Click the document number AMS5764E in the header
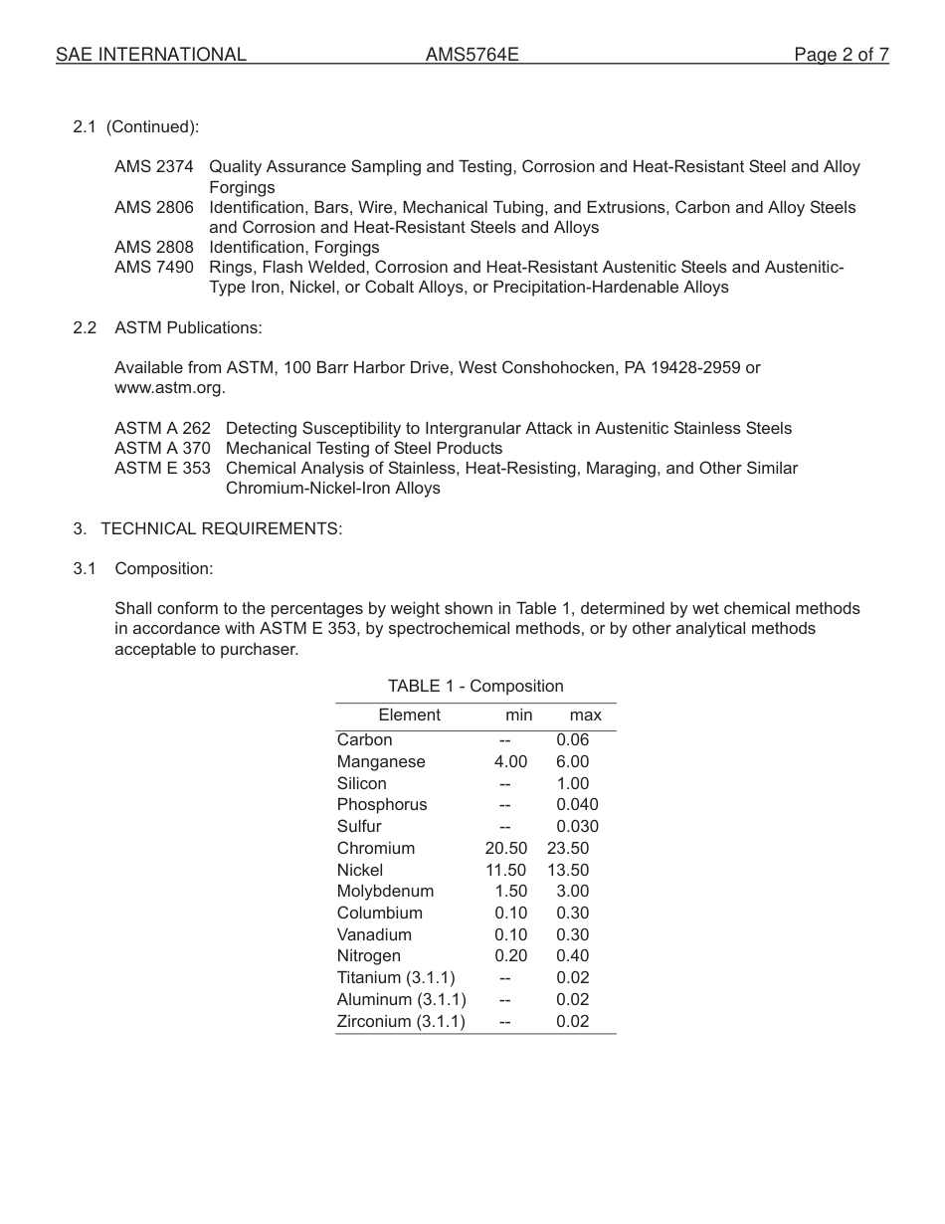[472, 55]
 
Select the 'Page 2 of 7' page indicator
[841, 55]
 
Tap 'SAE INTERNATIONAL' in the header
[151, 55]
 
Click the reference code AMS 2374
[154, 167]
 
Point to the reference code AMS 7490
[154, 267]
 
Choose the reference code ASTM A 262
[162, 428]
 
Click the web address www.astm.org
[169, 388]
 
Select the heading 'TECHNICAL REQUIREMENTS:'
[221, 528]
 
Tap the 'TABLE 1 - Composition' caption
[475, 686]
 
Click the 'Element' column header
[409, 715]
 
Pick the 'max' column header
[585, 715]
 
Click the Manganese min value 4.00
[510, 762]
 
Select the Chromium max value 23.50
[568, 849]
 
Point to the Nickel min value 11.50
[506, 871]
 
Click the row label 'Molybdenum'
[385, 892]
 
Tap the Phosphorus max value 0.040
[577, 805]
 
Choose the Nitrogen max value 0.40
[573, 956]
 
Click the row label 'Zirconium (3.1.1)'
[401, 1022]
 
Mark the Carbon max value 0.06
[573, 740]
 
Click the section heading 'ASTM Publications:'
[188, 327]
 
